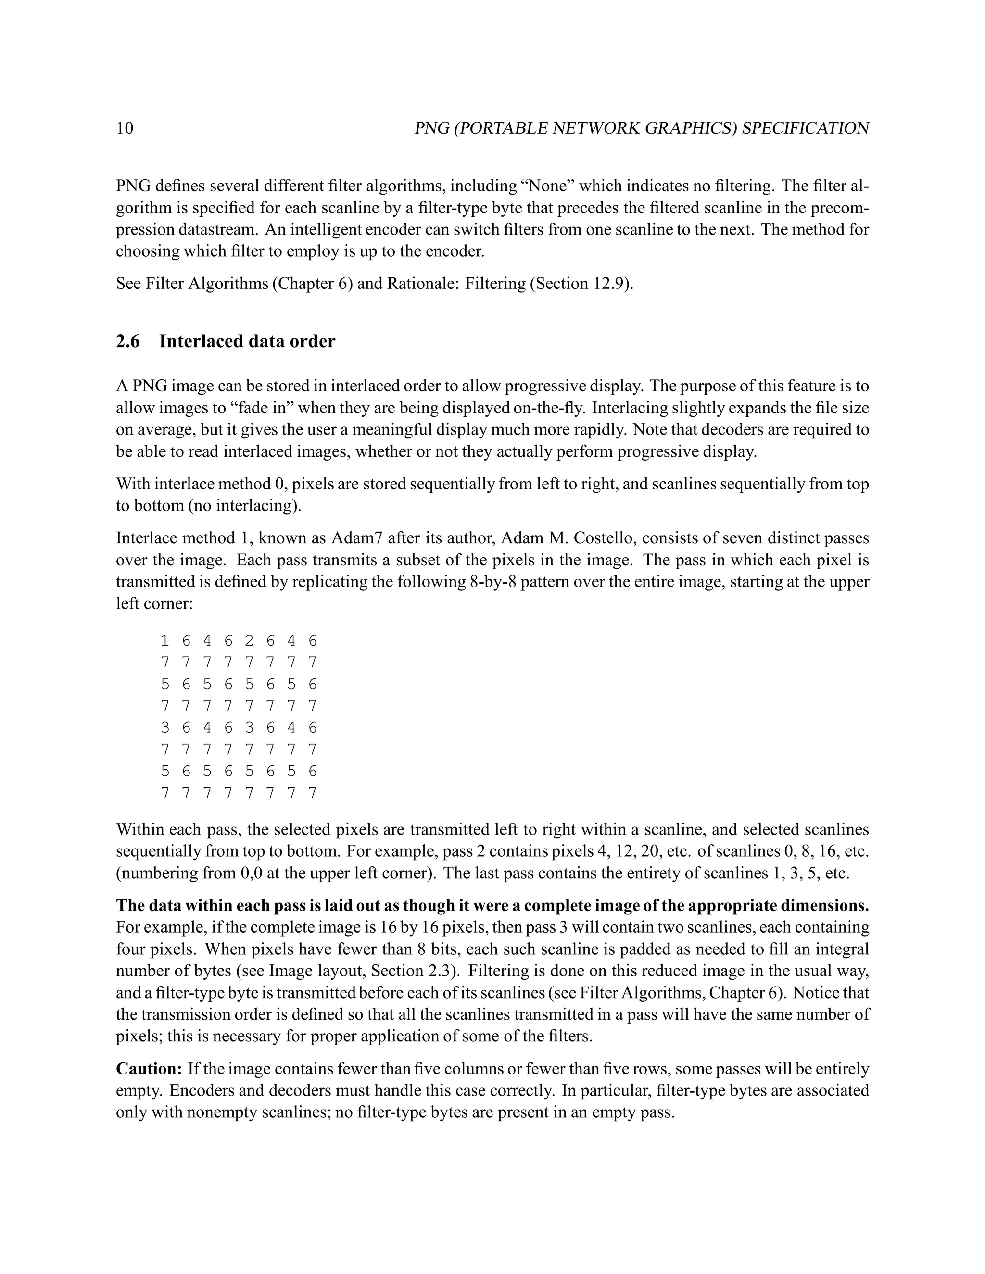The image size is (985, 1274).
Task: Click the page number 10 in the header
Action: [125, 128]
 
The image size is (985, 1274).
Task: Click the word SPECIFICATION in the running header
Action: [805, 128]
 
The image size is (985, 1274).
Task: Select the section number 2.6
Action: [128, 341]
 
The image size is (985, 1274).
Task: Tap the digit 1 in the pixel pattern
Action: [164, 641]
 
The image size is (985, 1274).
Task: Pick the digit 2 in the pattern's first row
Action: [249, 641]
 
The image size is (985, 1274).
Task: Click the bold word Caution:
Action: [150, 1069]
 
